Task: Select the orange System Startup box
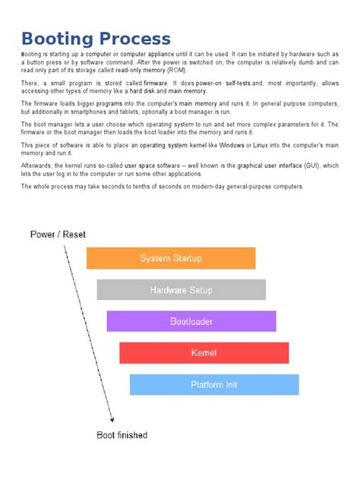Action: (171, 258)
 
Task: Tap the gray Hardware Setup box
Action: (181, 290)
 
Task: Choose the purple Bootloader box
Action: (191, 321)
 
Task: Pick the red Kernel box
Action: (204, 352)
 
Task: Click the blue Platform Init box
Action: (213, 384)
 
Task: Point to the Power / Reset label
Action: (58, 234)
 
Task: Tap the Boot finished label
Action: (122, 435)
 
